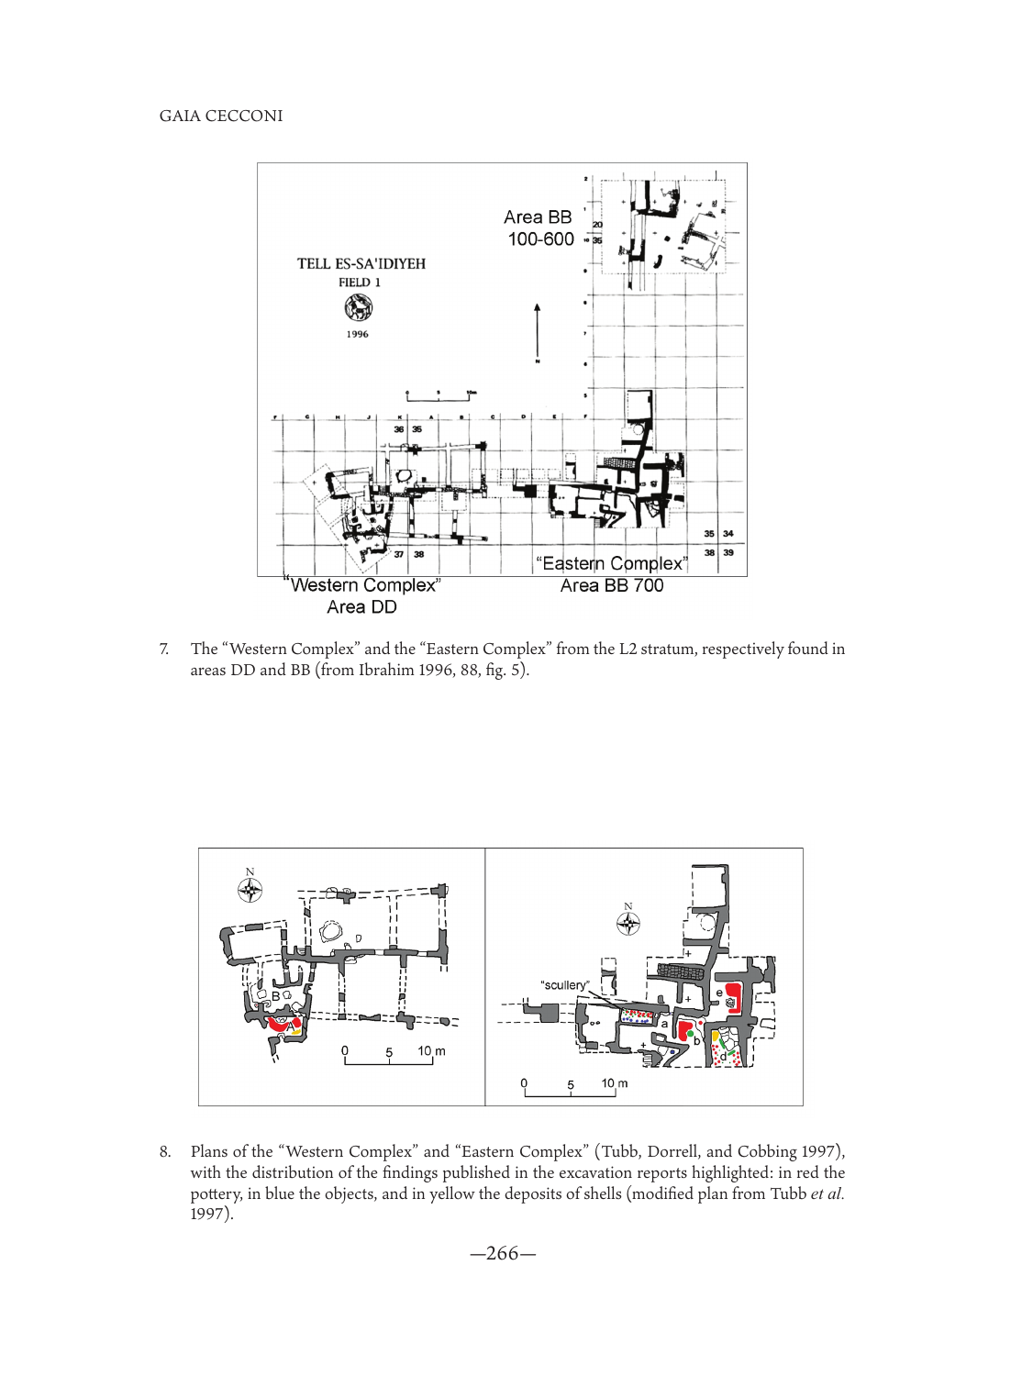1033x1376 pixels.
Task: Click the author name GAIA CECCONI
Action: (221, 117)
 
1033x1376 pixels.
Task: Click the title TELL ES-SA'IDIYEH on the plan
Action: (361, 264)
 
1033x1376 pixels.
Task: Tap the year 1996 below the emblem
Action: (358, 334)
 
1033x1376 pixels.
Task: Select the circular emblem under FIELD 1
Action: (358, 309)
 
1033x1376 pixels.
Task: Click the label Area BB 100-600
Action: (539, 228)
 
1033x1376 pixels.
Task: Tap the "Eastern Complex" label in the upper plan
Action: (611, 563)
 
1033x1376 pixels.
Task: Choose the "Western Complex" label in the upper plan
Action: (364, 585)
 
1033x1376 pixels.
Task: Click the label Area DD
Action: (361, 607)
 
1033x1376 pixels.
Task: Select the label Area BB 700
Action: (612, 585)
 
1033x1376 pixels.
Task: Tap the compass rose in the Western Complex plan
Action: (250, 890)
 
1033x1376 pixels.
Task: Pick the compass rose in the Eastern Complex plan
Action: (628, 924)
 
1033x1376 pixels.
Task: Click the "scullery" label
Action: (564, 985)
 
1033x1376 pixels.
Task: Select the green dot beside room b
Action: (691, 1034)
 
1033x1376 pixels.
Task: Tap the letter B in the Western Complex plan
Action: (275, 996)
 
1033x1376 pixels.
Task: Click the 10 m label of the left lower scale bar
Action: (431, 1051)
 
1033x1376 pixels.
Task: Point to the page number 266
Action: (502, 1254)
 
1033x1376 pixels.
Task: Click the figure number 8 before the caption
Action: (164, 1152)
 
